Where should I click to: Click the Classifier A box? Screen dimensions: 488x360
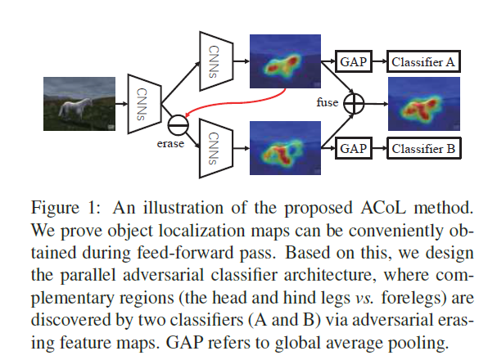pyautogui.click(x=423, y=61)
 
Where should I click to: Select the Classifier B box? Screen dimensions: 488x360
pyautogui.click(x=424, y=148)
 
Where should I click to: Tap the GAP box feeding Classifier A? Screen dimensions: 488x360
pyautogui.click(x=354, y=61)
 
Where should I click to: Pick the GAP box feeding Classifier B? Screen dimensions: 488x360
pyautogui.click(x=354, y=148)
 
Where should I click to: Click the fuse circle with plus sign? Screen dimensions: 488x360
pyautogui.click(x=354, y=104)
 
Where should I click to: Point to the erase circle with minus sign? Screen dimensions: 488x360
pyautogui.click(x=178, y=125)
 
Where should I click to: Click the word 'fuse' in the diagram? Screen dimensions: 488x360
pyautogui.click(x=327, y=102)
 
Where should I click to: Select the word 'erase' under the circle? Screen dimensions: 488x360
pyautogui.click(x=170, y=144)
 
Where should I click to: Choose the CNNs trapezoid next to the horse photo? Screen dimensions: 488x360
pyautogui.click(x=144, y=104)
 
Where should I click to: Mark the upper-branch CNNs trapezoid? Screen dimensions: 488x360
pyautogui.click(x=216, y=61)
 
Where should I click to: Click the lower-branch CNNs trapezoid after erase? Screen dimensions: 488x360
pyautogui.click(x=216, y=148)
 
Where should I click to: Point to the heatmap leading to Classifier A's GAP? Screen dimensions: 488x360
pyautogui.click(x=285, y=61)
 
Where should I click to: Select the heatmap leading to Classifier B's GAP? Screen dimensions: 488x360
pyautogui.click(x=285, y=148)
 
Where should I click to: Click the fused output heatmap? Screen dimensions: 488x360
pyautogui.click(x=424, y=104)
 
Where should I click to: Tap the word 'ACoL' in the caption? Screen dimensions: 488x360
pyautogui.click(x=383, y=207)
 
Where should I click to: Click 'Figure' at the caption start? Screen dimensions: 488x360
pyautogui.click(x=55, y=209)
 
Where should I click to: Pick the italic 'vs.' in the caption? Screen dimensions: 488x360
pyautogui.click(x=364, y=298)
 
